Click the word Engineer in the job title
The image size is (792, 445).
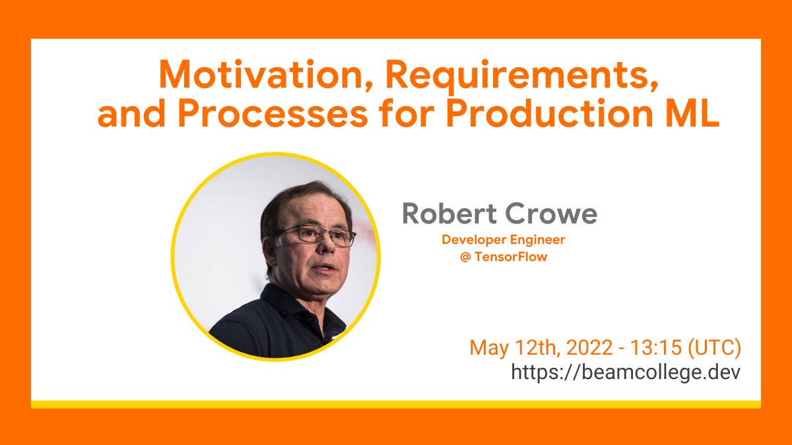point(539,241)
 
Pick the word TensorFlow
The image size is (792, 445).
point(511,257)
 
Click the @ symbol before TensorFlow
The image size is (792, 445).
point(466,257)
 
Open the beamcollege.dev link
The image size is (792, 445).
point(626,372)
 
